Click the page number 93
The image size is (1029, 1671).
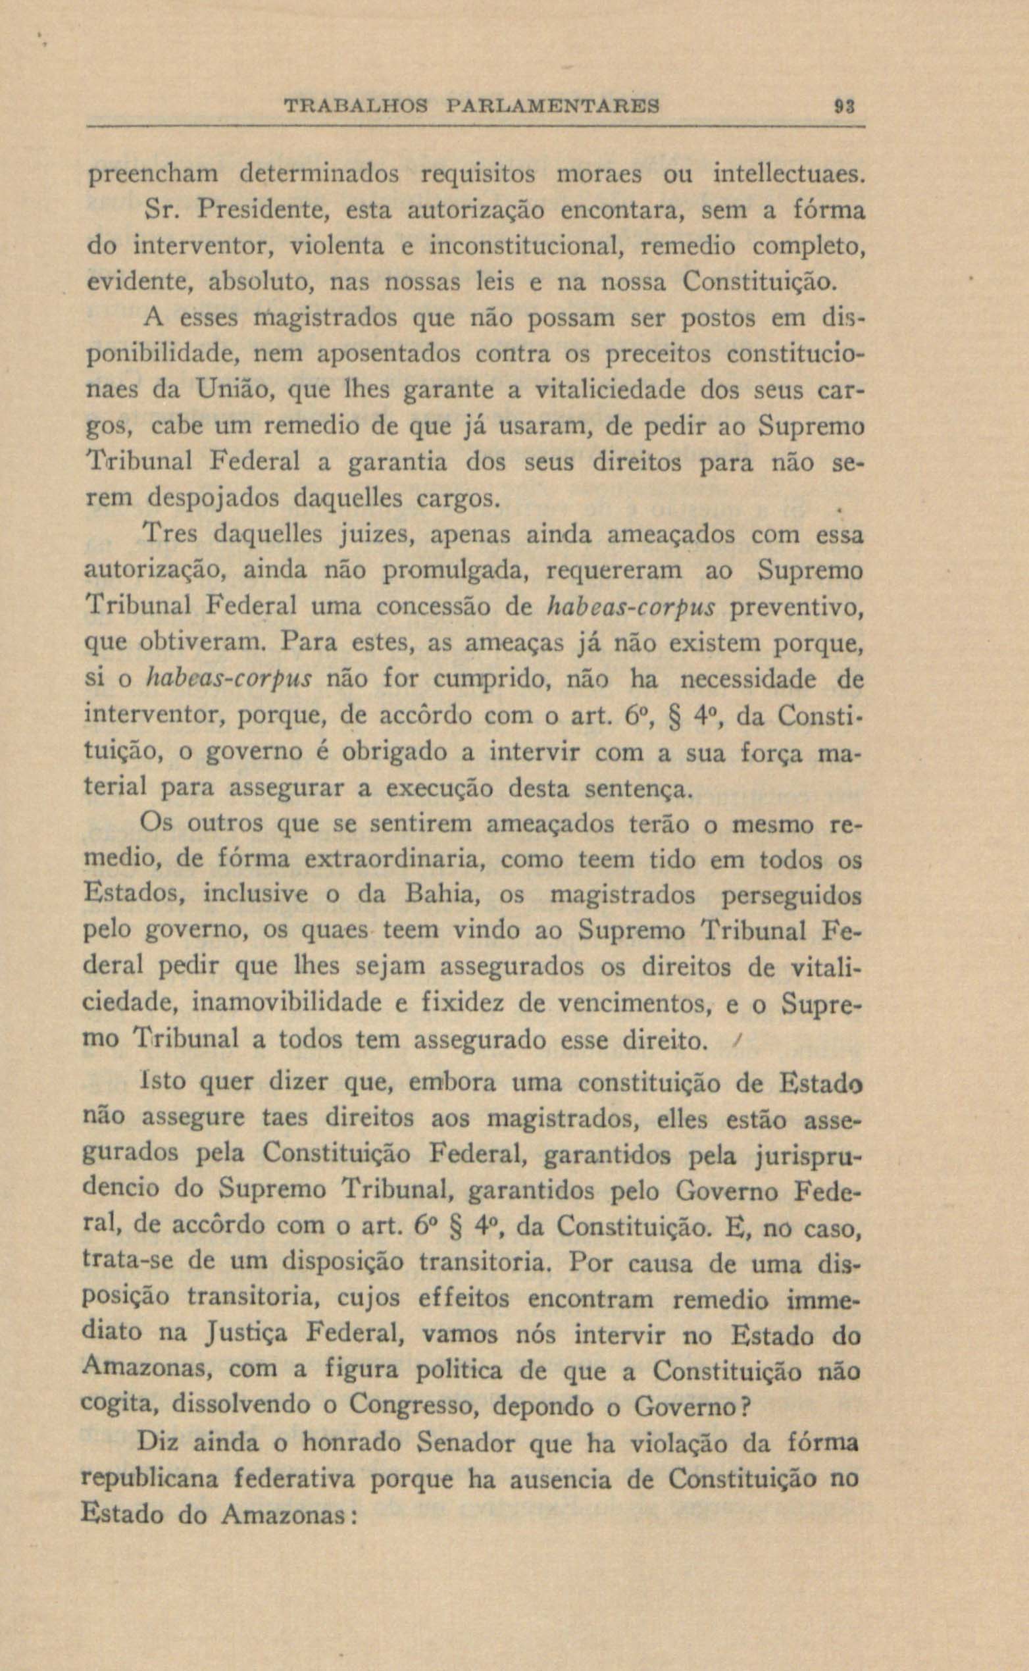pyautogui.click(x=845, y=107)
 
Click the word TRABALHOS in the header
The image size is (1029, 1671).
pyautogui.click(x=356, y=107)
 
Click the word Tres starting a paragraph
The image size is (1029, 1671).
pyautogui.click(x=170, y=534)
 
